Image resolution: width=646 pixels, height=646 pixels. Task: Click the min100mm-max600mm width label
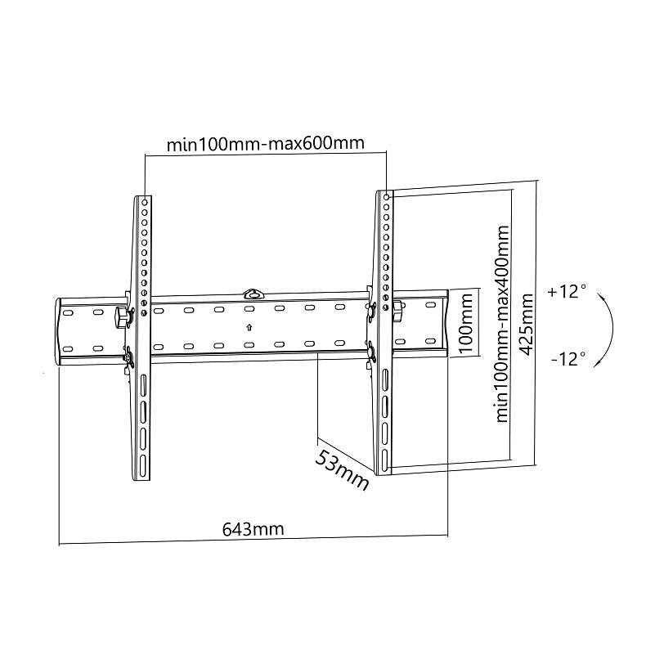pos(265,145)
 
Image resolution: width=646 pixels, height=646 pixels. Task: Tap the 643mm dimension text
pos(253,528)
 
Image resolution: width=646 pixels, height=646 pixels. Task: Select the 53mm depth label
pos(342,469)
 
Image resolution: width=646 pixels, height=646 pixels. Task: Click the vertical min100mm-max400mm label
pos(503,324)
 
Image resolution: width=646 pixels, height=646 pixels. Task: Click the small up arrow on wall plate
pos(249,327)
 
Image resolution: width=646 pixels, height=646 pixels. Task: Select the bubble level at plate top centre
pos(254,291)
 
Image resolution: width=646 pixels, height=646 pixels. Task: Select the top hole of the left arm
pos(145,200)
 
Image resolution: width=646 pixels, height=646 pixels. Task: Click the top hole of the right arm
pos(387,197)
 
